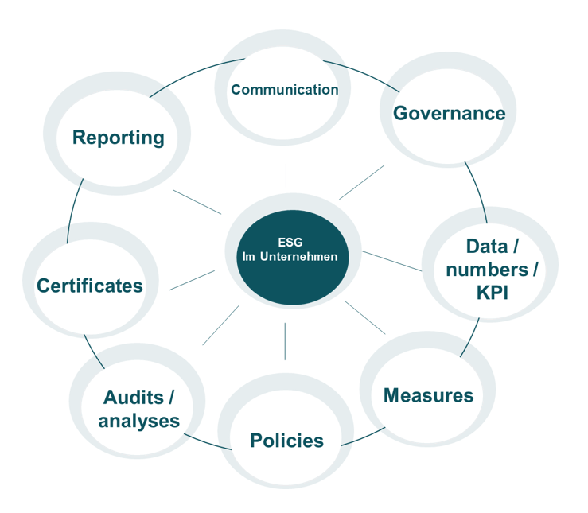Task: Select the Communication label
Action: pos(284,90)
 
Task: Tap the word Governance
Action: pos(449,113)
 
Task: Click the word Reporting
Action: pos(118,138)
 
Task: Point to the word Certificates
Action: pos(90,286)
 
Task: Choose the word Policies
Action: pos(286,441)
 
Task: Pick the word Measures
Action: pos(428,395)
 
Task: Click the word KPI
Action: pos(491,293)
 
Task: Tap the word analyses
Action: pos(138,421)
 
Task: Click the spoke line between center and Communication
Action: pos(286,176)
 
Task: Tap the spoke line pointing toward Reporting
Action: pos(197,202)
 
